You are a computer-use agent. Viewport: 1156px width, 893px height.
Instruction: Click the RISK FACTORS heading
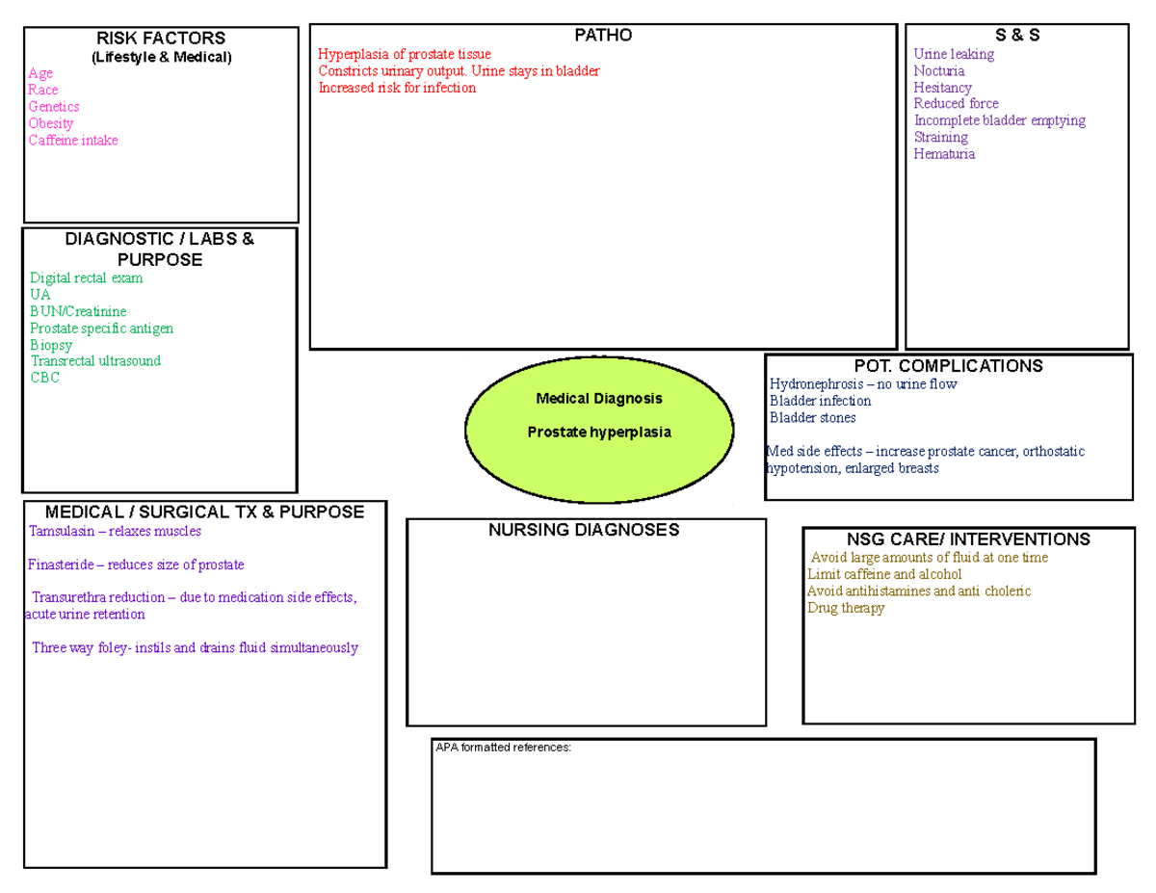point(161,39)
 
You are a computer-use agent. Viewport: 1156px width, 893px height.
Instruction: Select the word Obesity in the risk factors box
point(51,123)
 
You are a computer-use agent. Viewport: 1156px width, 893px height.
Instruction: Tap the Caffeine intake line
point(73,140)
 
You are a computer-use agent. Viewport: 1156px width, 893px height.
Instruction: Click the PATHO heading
point(603,35)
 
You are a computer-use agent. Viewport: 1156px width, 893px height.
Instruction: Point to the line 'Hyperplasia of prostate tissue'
point(405,54)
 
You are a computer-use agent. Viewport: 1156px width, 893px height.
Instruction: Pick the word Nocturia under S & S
point(939,70)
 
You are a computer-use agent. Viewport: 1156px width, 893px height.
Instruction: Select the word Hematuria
point(944,154)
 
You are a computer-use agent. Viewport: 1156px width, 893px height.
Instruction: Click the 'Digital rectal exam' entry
point(86,278)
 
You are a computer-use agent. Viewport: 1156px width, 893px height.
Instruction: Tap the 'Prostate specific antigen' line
point(101,328)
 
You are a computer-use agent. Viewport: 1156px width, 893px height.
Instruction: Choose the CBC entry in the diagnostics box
point(44,378)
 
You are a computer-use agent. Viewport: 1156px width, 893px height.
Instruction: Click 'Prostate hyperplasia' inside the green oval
point(599,432)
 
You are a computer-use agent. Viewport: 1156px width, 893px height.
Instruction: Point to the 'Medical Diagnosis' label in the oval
point(599,399)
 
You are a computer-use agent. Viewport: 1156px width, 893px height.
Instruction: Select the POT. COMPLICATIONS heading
point(949,366)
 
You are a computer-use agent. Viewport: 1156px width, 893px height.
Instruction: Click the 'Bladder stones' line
point(813,417)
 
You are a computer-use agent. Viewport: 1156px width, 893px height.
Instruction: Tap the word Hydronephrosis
point(817,384)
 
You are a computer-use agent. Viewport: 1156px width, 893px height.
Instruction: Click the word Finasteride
point(61,565)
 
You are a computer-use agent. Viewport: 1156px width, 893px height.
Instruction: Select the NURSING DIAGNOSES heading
point(584,530)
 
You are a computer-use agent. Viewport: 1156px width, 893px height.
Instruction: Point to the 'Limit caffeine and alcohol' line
point(884,574)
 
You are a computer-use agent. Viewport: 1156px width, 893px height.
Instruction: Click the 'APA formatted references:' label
point(503,748)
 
